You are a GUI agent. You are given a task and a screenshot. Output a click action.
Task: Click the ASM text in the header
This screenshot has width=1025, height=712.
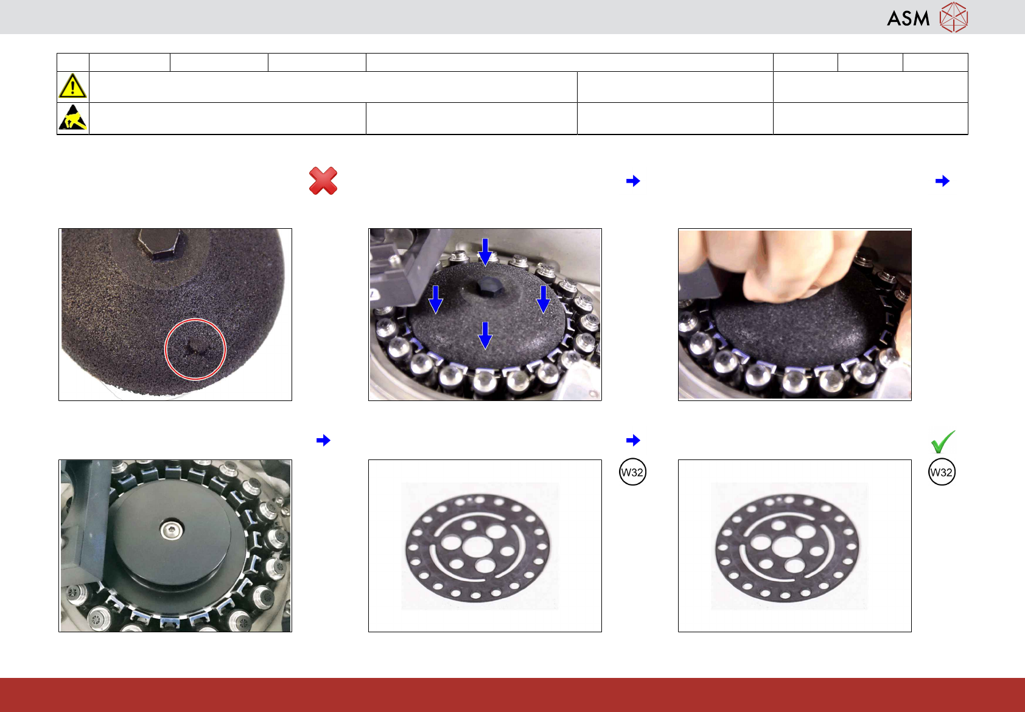[x=908, y=18]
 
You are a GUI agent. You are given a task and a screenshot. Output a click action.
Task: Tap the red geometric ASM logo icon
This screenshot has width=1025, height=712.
[x=954, y=18]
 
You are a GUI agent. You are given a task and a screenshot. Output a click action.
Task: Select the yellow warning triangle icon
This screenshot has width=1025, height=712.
[x=72, y=86]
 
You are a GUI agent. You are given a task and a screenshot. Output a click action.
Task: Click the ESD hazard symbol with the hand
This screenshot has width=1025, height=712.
[x=73, y=117]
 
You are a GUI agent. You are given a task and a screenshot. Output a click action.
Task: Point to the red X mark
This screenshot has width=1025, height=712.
[x=323, y=181]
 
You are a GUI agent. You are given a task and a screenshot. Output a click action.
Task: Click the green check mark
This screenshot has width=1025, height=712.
[x=943, y=442]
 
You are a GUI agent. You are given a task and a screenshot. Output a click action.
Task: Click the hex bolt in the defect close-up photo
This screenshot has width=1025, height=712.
[x=162, y=245]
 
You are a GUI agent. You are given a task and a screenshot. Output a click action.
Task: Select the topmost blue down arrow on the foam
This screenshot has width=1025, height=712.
[x=485, y=252]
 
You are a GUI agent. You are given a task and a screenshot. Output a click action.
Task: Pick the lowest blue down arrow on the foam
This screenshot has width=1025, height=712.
[x=485, y=335]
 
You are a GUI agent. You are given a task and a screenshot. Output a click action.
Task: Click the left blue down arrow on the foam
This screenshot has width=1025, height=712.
[x=436, y=299]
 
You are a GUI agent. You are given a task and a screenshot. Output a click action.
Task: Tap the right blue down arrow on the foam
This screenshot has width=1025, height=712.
[x=543, y=299]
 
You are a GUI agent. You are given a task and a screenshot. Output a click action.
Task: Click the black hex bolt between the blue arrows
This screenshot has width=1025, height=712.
[x=489, y=287]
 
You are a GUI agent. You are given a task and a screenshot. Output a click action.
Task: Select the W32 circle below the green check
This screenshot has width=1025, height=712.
[x=942, y=472]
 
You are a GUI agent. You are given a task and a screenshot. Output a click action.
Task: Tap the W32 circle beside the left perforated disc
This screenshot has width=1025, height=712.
[x=632, y=472]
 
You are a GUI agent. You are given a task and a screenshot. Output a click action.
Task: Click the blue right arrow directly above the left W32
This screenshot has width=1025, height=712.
[x=633, y=440]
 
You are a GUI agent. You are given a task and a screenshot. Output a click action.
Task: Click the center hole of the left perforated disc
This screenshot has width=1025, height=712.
[x=477, y=546]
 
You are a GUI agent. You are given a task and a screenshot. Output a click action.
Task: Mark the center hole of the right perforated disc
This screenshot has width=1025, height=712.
[x=786, y=546]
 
